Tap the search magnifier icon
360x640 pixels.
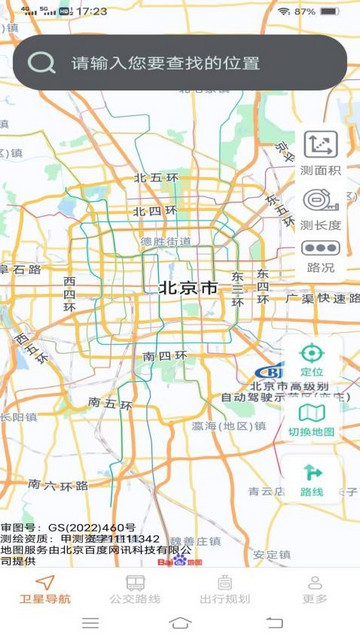(x=41, y=62)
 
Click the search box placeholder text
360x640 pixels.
(x=165, y=63)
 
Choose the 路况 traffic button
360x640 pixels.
(x=320, y=256)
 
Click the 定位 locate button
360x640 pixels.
(x=312, y=359)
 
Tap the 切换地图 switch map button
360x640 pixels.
(x=312, y=419)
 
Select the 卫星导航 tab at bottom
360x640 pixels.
(x=45, y=589)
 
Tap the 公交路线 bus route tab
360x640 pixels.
(x=135, y=589)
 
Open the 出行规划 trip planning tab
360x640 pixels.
(x=225, y=589)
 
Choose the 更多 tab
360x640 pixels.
(x=315, y=589)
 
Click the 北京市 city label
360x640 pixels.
(x=188, y=288)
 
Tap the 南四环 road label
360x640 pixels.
(x=164, y=355)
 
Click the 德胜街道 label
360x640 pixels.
(x=165, y=241)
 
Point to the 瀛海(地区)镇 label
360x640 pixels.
(x=229, y=426)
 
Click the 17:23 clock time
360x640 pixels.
(x=91, y=11)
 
